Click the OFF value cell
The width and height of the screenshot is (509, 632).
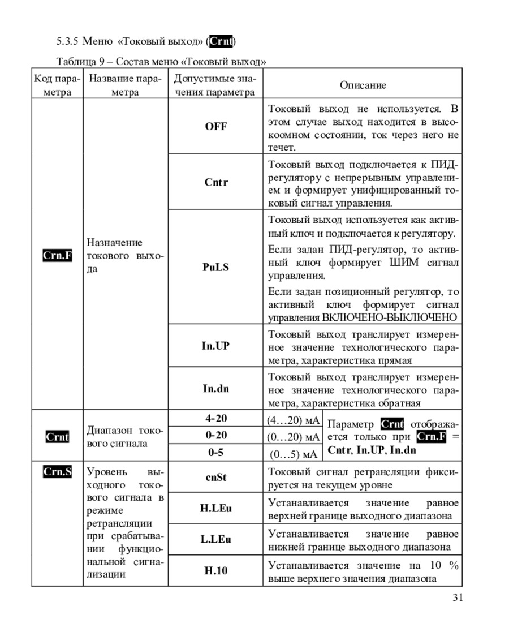pos(215,127)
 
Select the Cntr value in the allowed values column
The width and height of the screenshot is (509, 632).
pos(215,183)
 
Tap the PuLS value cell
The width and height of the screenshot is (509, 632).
pos(215,268)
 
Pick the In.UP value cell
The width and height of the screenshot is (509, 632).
pos(215,346)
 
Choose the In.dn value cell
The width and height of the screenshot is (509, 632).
pos(215,389)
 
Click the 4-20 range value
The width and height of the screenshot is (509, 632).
pos(215,419)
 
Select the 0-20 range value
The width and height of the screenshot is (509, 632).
pos(215,436)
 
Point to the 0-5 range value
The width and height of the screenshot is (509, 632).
pos(215,453)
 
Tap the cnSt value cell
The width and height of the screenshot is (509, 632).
pos(215,478)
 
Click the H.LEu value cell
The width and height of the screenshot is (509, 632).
pos(215,508)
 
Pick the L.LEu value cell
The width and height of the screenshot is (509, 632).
pos(215,539)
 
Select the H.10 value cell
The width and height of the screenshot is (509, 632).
pos(215,570)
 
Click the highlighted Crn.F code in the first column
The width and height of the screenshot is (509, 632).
pos(58,255)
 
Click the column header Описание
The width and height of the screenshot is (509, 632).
pos(363,85)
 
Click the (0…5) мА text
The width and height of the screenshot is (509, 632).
pos(293,454)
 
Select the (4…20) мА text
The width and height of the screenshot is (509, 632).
pos(293,420)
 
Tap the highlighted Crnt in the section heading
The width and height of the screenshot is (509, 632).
pos(221,41)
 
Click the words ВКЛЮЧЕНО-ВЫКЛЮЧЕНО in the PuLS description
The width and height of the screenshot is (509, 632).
pos(389,317)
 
